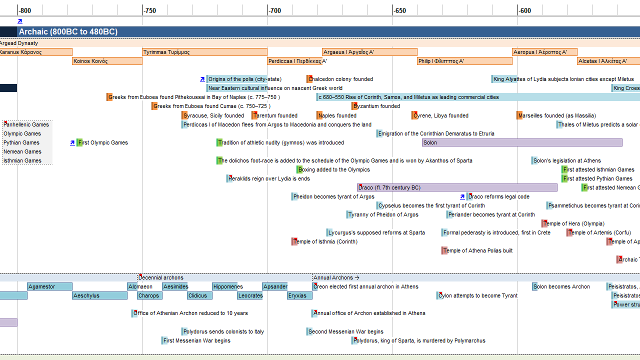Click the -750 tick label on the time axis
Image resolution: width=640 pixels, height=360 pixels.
coord(149,10)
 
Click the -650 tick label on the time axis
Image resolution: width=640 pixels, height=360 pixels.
coord(399,10)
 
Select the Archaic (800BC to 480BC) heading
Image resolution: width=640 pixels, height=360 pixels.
coord(68,32)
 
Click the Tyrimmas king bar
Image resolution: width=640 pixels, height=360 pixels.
coord(204,52)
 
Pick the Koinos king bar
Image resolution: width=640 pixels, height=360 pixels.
coord(107,61)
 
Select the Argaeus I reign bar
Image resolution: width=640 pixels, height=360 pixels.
coord(369,52)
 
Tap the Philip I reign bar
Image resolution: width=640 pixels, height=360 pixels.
coord(464,61)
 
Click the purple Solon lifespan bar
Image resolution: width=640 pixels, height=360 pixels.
coord(522,142)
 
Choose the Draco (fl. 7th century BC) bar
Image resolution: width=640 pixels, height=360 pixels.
coord(457,187)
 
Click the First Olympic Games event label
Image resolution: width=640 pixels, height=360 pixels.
coord(103,142)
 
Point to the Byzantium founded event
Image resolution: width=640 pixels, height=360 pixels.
coord(376,106)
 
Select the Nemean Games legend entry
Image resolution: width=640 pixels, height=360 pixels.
coord(22,151)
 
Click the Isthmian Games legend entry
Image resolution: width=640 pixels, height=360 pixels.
coord(22,160)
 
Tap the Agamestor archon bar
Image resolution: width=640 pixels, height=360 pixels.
coord(49,286)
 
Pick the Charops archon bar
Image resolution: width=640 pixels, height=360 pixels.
coord(149,295)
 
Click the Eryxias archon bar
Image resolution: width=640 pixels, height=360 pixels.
coord(299,295)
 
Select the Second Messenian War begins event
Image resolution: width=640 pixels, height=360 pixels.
coord(345,331)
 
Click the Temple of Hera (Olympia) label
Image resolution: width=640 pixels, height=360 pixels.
coord(573,223)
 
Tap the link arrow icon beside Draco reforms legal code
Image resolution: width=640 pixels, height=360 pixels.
coord(462,196)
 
